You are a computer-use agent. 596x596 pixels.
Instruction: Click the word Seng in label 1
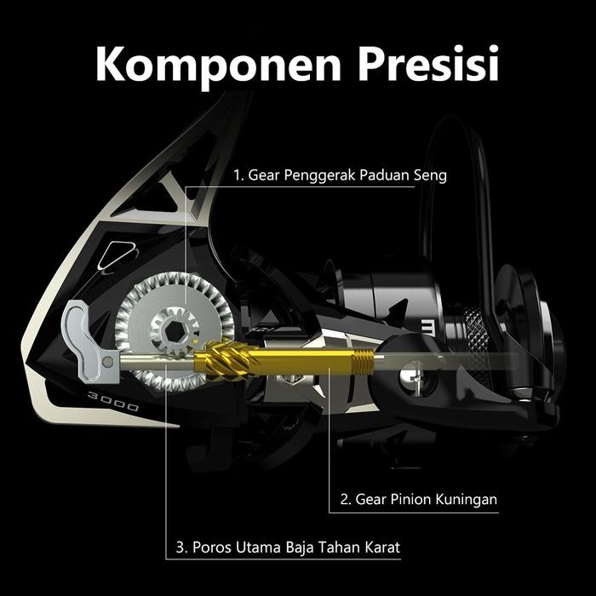429,176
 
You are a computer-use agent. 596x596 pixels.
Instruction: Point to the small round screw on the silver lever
109,363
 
